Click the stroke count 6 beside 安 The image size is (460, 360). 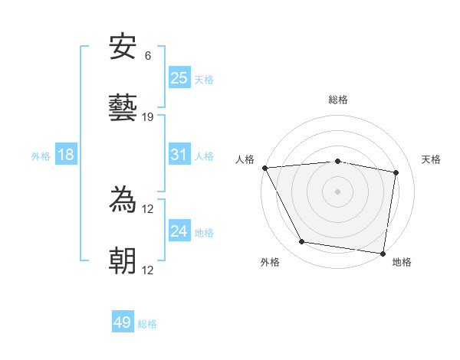pos(148,56)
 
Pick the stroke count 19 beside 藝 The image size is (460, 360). pos(148,117)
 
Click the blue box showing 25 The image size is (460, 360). pos(179,78)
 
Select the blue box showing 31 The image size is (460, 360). pos(179,155)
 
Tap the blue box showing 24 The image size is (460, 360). pos(179,231)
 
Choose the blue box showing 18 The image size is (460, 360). pos(66,155)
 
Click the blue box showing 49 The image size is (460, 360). pos(123,322)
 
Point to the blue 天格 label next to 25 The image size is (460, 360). pos(204,79)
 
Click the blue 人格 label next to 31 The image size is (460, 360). pos(204,155)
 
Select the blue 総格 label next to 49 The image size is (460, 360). pos(147,324)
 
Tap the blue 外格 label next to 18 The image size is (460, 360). pos(41,155)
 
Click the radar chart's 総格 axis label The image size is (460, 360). pos(338,100)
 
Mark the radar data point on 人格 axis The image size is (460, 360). pos(264,168)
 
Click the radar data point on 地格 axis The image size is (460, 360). pos(383,253)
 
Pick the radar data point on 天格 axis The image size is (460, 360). pos(396,173)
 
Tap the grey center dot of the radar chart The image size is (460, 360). pos(338,191)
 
